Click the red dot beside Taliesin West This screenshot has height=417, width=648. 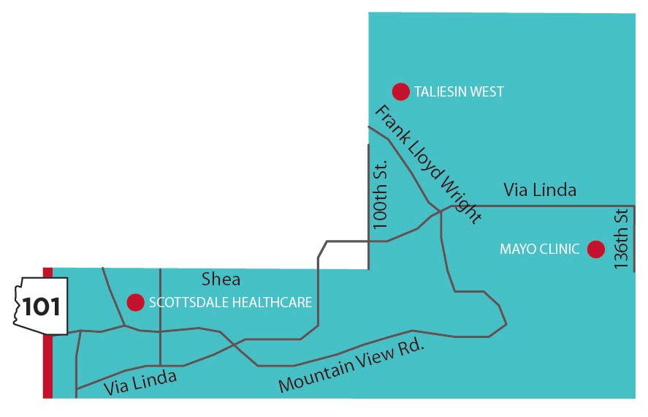coord(400,91)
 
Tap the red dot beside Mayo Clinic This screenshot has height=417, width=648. coord(596,249)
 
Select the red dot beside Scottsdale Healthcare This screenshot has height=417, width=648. coord(135,302)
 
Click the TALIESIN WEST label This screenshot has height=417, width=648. coord(459,92)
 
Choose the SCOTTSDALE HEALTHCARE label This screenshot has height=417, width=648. coord(230,302)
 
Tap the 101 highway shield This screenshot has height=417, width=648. coord(42,306)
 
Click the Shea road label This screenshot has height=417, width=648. coord(221,279)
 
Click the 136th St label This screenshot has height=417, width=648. coord(622,241)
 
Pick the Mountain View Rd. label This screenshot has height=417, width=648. coord(351,365)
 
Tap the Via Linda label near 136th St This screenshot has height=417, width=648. coord(540,190)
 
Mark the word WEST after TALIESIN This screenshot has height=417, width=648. coord(489,92)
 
